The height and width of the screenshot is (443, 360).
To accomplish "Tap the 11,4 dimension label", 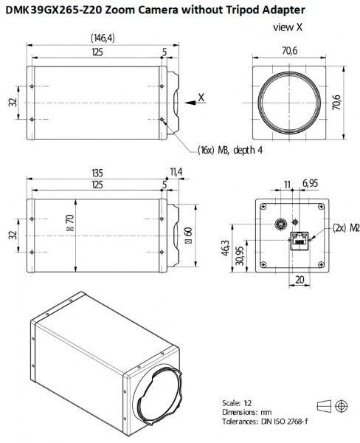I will click(x=175, y=173).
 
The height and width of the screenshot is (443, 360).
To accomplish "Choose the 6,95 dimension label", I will click(x=311, y=182).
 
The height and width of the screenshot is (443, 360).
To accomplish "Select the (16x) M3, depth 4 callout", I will click(x=230, y=150).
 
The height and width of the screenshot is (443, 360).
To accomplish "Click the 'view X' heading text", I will click(x=287, y=27).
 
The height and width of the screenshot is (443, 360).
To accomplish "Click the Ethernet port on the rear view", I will click(x=298, y=238).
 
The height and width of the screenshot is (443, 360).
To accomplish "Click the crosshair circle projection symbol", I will click(x=341, y=406).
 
